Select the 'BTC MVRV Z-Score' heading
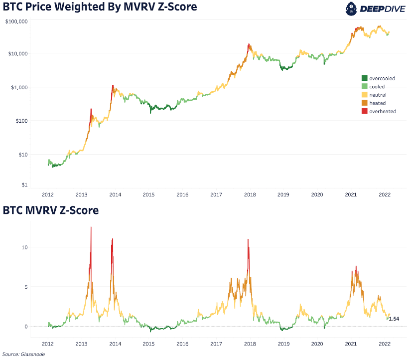[x=51, y=210]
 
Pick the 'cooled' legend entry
[x=377, y=87]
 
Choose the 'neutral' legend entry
[x=378, y=95]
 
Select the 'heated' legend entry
[x=377, y=103]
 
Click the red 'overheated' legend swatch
[x=365, y=112]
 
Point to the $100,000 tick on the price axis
[x=17, y=22]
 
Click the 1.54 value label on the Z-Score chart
[x=394, y=318]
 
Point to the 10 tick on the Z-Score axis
[x=25, y=247]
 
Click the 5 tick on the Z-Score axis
[x=26, y=287]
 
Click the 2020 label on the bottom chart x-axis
[x=317, y=344]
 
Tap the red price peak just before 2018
[x=248, y=45]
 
